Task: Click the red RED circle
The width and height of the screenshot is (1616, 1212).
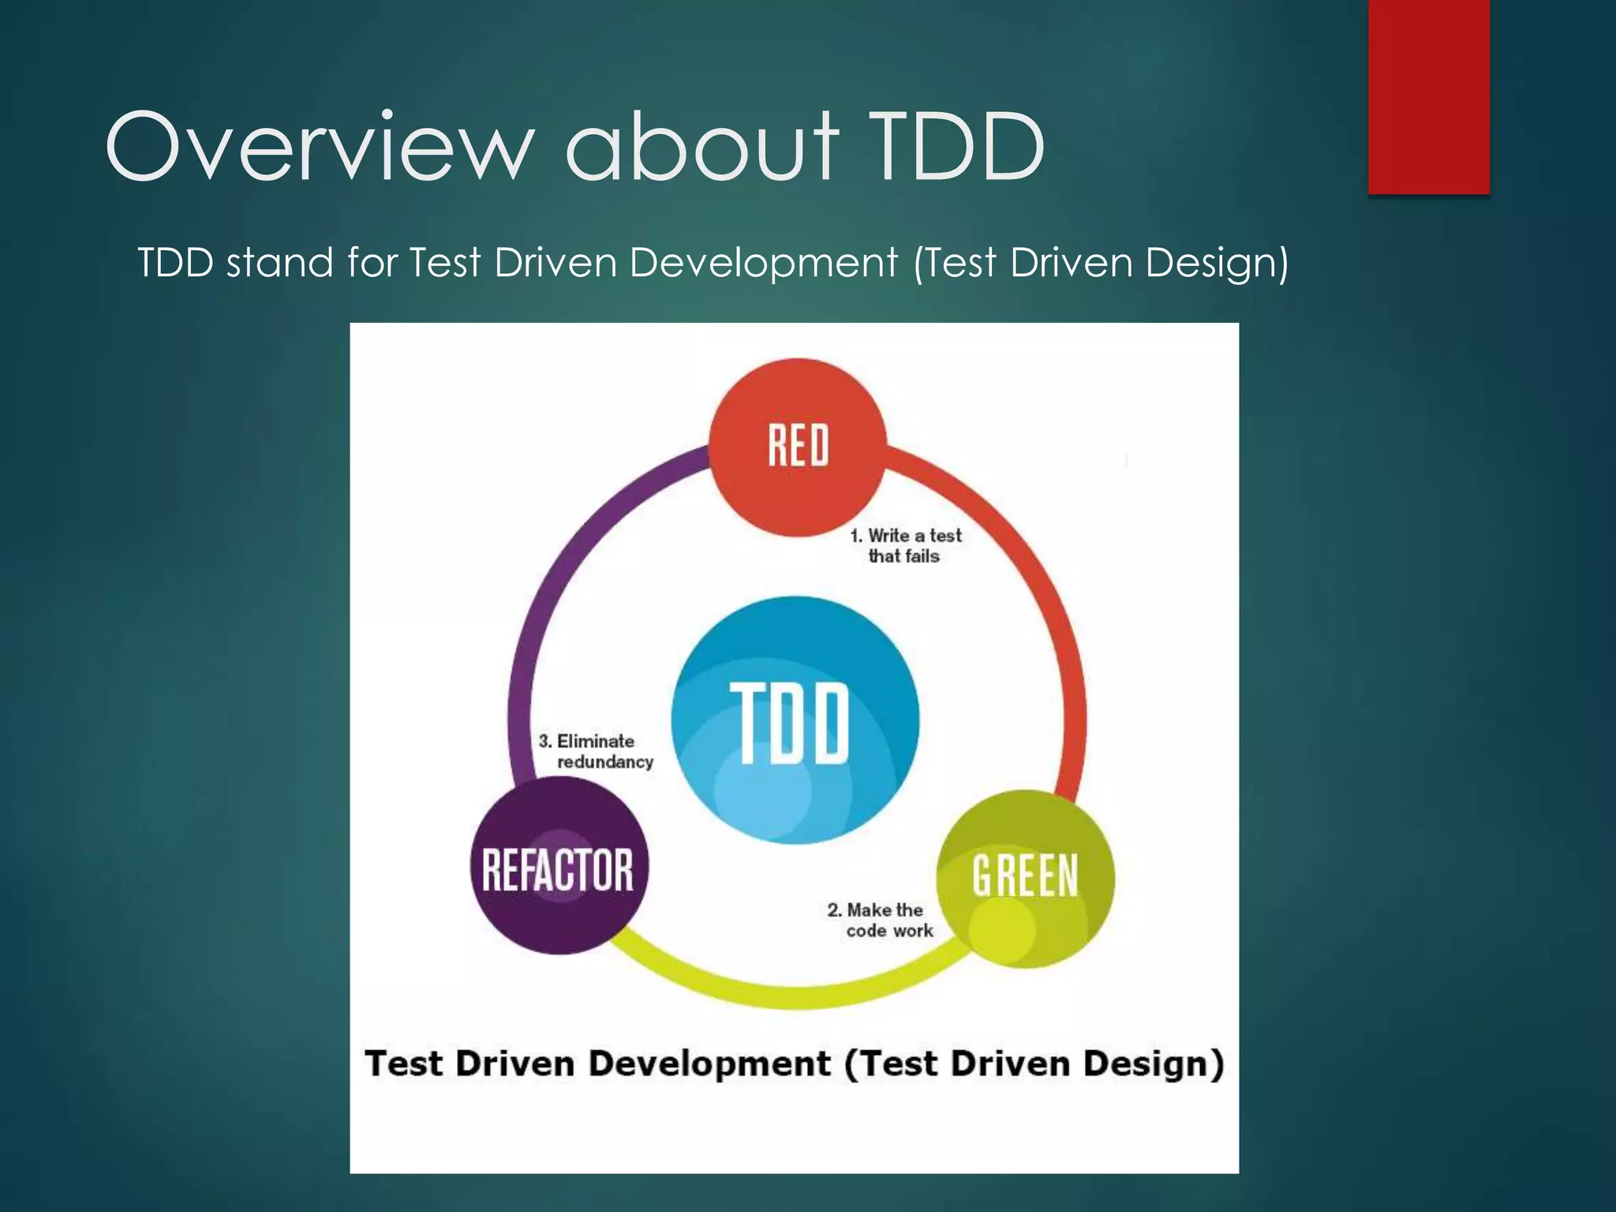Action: (797, 447)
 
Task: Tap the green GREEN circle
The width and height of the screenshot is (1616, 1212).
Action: (1025, 877)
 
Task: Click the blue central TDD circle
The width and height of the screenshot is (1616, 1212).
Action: (795, 720)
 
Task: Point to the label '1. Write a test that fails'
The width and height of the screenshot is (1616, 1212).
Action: (906, 545)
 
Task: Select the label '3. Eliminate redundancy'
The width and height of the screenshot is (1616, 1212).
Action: (597, 751)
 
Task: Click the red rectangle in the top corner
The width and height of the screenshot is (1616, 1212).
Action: (1428, 96)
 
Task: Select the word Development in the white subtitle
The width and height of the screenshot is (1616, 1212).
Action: (764, 263)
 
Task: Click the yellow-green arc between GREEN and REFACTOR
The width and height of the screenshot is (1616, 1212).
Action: (789, 997)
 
